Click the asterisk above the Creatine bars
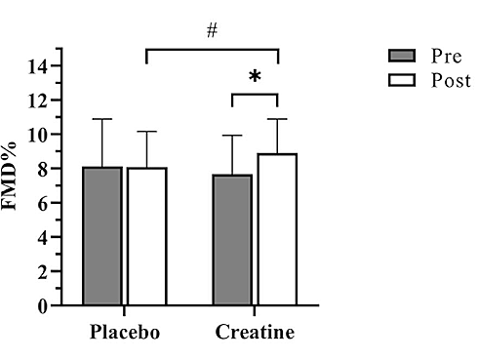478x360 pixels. (x=255, y=77)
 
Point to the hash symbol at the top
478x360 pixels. (x=212, y=31)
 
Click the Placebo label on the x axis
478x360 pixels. (x=125, y=332)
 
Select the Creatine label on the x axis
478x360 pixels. (x=255, y=332)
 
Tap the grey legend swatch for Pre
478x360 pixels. (x=398, y=55)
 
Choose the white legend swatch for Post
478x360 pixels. (x=398, y=79)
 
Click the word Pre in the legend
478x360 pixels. (x=443, y=55)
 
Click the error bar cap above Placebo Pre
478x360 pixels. (x=102, y=119)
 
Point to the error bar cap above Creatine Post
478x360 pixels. (x=277, y=119)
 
